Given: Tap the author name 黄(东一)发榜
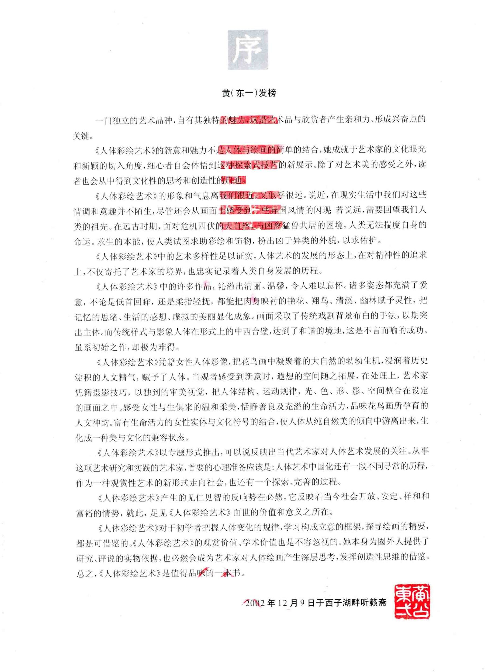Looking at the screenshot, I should tap(249, 93).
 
